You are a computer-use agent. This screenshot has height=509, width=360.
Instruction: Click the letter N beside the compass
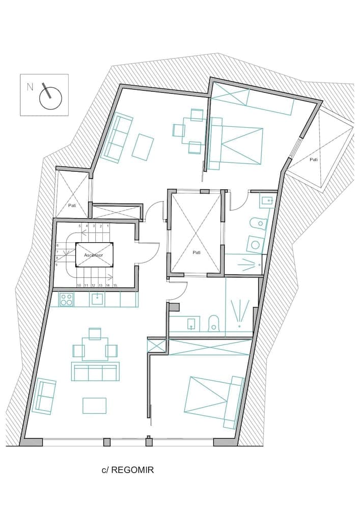(x=30, y=87)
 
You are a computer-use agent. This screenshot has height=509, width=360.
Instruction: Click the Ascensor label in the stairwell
(x=94, y=254)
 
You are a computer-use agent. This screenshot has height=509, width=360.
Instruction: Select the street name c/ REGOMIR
(x=128, y=470)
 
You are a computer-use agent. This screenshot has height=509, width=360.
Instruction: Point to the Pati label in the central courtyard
(x=196, y=252)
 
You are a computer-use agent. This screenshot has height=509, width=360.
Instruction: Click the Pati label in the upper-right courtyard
(x=314, y=159)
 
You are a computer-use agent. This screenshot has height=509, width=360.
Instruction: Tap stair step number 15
(x=116, y=286)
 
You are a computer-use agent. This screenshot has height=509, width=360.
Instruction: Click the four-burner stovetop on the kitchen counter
(x=66, y=299)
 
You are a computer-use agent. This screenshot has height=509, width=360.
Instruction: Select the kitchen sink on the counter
(x=97, y=299)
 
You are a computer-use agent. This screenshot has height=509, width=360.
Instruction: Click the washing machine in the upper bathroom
(x=254, y=244)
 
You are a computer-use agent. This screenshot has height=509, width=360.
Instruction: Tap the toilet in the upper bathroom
(x=259, y=223)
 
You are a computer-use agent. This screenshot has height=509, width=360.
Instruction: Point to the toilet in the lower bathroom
(x=214, y=323)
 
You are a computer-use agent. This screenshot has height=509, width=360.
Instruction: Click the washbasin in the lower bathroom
(x=191, y=323)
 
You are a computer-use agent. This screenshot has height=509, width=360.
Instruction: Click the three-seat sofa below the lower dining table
(x=95, y=373)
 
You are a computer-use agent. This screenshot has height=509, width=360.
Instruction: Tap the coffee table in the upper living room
(x=143, y=147)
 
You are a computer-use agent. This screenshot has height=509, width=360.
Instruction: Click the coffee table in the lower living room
(x=94, y=406)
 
